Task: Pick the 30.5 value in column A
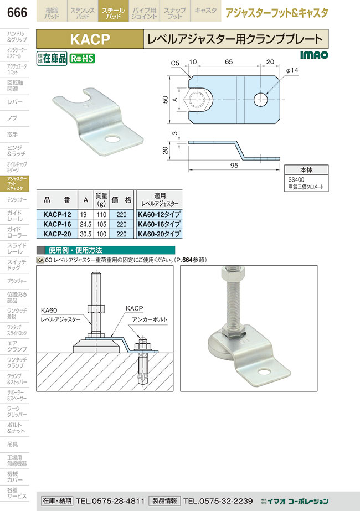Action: (x=85, y=234)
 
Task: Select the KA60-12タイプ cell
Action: (x=159, y=214)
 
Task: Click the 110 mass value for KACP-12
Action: (x=101, y=214)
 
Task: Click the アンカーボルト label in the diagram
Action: (x=150, y=319)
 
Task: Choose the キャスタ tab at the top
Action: (x=205, y=11)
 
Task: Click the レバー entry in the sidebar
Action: (x=16, y=102)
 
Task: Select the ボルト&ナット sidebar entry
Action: (x=16, y=427)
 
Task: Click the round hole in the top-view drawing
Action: (x=261, y=100)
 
